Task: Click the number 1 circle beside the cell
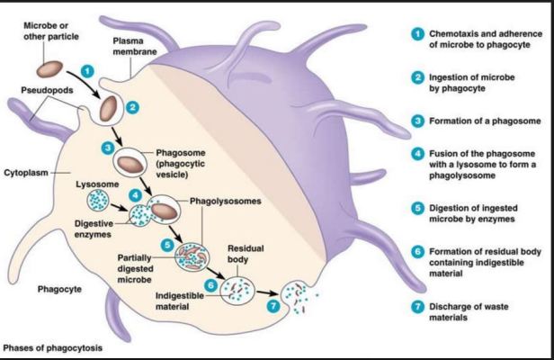click(x=87, y=71)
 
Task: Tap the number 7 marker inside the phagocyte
click(x=273, y=306)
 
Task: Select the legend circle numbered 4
click(x=417, y=154)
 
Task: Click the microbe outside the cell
click(x=49, y=69)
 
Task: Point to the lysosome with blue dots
click(x=98, y=200)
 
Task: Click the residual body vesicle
click(x=237, y=291)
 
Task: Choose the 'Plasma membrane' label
click(x=135, y=46)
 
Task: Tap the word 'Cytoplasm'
click(x=26, y=173)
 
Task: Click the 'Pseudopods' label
click(x=47, y=90)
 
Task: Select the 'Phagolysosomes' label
click(x=226, y=201)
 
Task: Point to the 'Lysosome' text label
click(x=97, y=184)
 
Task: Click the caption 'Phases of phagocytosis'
click(x=53, y=347)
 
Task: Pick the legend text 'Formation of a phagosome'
click(x=485, y=121)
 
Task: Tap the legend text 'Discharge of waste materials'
click(x=469, y=312)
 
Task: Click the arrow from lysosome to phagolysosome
click(x=119, y=207)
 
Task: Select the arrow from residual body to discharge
click(x=267, y=292)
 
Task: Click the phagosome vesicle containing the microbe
click(x=130, y=164)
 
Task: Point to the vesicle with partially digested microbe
click(x=192, y=256)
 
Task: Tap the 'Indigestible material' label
click(x=180, y=301)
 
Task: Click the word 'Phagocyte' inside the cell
click(x=59, y=289)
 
